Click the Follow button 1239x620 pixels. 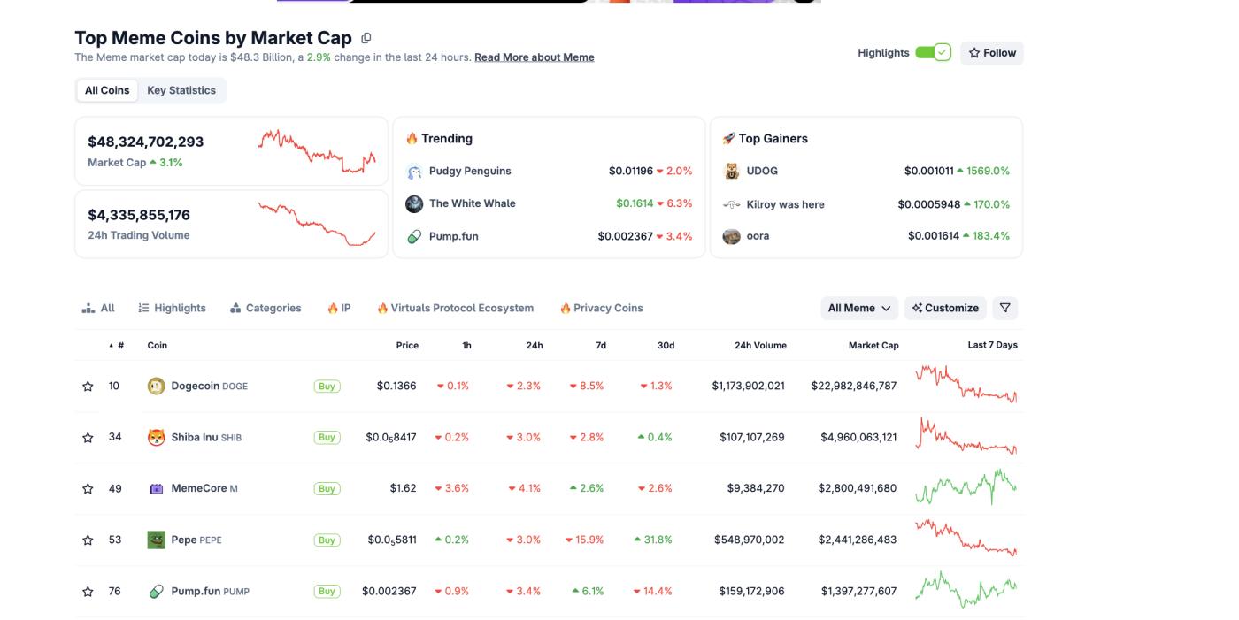[992, 53]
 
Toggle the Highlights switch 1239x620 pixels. [933, 53]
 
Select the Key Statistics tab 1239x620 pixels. [181, 90]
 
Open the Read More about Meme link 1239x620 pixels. [534, 57]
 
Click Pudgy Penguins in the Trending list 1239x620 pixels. [470, 171]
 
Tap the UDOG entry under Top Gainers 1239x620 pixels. [762, 171]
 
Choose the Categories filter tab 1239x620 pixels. [265, 308]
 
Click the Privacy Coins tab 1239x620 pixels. [601, 308]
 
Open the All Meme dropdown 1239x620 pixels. [858, 308]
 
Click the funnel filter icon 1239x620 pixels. [1004, 308]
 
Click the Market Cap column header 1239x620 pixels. [873, 345]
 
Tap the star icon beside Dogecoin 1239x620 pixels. [88, 387]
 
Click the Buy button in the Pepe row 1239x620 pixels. [327, 540]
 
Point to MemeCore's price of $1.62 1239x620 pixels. [403, 488]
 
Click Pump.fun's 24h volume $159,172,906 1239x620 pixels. [749, 591]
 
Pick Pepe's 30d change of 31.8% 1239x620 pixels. [654, 540]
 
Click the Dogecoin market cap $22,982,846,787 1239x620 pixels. [853, 386]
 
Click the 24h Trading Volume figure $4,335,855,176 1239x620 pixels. [139, 215]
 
